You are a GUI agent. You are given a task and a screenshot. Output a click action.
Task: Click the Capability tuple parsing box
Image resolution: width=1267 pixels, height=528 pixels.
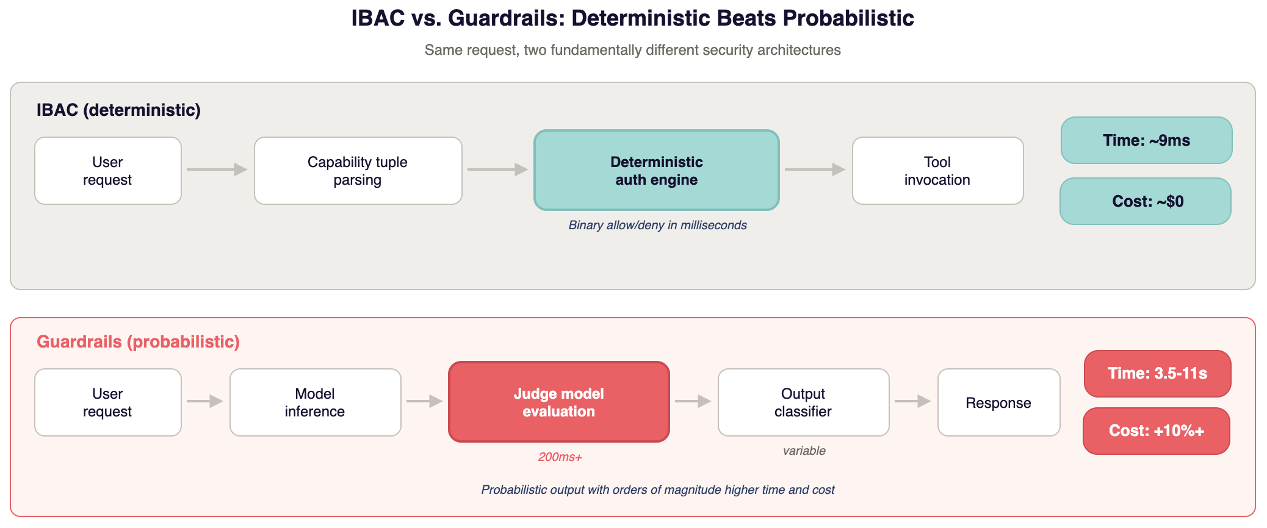pos(358,171)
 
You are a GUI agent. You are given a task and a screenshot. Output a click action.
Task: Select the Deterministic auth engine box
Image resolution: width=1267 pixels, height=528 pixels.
pos(656,171)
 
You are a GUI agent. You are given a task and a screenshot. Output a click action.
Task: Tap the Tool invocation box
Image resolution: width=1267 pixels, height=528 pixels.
pos(937,171)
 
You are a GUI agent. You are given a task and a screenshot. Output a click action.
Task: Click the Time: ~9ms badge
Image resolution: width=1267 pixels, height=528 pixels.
pos(1146,140)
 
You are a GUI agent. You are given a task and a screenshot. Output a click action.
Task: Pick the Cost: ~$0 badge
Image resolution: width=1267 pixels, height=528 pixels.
pos(1146,201)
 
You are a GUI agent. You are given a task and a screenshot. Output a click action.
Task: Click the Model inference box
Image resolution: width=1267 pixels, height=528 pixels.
pos(315,402)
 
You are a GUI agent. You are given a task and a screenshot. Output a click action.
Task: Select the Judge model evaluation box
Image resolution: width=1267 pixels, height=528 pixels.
pos(558,402)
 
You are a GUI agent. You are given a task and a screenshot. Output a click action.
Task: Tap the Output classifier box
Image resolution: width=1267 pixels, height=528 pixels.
pos(803,402)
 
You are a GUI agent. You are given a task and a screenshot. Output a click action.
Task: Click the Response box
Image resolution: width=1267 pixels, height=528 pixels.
pos(998,402)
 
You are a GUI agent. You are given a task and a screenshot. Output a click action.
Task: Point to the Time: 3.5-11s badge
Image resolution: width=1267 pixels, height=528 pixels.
pos(1157,373)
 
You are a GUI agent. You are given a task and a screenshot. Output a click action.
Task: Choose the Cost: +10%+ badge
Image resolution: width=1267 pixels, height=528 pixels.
pos(1156,431)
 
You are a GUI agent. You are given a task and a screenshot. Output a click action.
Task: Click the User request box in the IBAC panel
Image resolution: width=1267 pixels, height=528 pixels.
pos(107,171)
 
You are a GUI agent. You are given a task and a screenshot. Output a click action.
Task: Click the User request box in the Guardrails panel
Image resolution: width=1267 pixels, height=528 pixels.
pos(107,402)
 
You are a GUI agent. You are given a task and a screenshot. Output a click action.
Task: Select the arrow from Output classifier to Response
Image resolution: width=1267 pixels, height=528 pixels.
pos(912,401)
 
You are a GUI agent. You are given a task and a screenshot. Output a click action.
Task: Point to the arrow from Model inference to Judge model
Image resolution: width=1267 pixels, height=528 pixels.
pos(424,401)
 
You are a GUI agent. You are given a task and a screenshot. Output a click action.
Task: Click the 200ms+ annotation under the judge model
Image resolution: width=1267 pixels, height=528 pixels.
pos(560,457)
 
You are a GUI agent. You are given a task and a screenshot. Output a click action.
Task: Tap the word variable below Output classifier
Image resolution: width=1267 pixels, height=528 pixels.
pos(804,451)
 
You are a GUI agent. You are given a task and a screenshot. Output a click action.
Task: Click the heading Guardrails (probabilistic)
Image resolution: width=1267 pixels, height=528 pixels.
pos(138,341)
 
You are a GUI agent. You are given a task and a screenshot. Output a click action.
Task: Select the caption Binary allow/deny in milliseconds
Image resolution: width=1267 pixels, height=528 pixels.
pos(657,225)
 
